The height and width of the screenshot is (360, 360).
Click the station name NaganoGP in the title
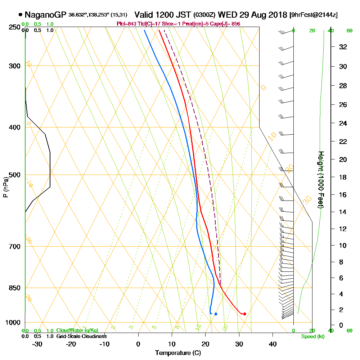(x=45, y=15)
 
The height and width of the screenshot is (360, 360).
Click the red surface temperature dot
(x=244, y=314)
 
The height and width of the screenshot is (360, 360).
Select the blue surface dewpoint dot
(x=216, y=314)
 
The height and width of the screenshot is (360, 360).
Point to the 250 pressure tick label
(x=13, y=27)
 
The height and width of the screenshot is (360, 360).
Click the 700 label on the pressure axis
(x=13, y=247)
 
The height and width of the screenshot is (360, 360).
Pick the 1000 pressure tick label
(x=12, y=323)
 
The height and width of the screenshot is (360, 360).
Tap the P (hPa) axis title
(x=5, y=187)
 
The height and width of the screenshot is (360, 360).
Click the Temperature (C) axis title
(x=178, y=353)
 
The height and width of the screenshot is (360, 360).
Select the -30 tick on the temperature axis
(x=37, y=344)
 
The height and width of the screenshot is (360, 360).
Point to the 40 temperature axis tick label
(x=273, y=344)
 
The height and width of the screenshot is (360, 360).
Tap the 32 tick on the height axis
(x=343, y=47)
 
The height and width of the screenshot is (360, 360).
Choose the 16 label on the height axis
(x=343, y=195)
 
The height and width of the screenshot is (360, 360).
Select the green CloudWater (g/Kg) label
(x=77, y=330)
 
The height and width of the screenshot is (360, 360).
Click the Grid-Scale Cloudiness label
(x=81, y=336)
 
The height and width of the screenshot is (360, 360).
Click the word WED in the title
(x=226, y=15)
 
